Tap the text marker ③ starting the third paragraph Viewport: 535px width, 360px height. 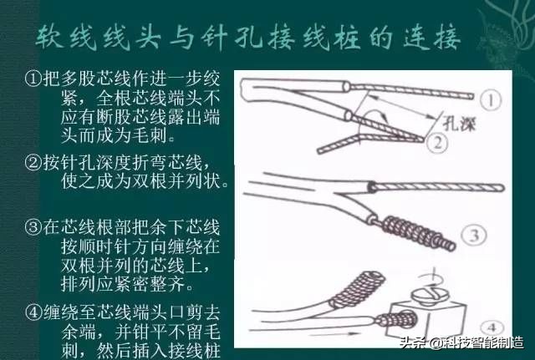coord(33,227)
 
